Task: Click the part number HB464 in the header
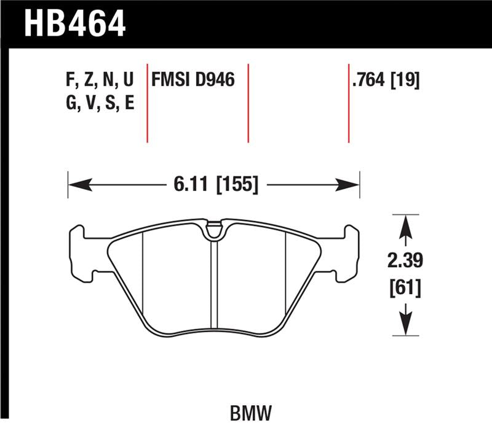pos(74,23)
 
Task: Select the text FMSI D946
pos(193,80)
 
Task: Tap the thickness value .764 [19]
pos(386,80)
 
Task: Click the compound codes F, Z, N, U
pos(99,80)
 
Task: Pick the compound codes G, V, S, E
pos(99,103)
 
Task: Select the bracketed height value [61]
pos(405,286)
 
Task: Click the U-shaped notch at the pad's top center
pos(213,230)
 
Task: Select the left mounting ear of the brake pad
pos(79,252)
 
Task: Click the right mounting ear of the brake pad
pos(349,252)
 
